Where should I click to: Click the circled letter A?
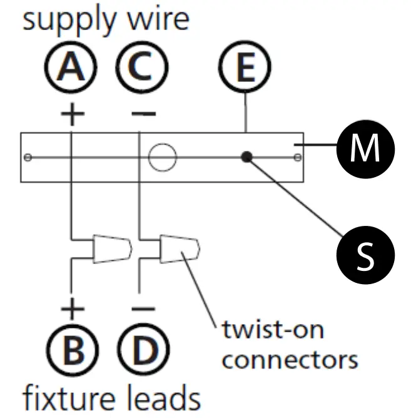[71, 67]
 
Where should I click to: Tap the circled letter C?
[142, 67]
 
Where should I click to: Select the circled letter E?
[245, 67]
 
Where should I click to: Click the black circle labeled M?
[365, 149]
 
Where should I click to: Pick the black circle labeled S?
[365, 255]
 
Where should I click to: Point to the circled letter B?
[73, 350]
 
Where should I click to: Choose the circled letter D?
[143, 350]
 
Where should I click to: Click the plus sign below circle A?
[73, 114]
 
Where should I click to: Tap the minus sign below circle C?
[144, 114]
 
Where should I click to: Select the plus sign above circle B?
[73, 309]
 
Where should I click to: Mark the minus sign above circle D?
[143, 309]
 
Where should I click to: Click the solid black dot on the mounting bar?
[246, 156]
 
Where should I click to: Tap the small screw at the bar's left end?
[28, 157]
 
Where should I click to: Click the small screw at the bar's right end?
[298, 157]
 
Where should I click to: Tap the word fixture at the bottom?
[69, 398]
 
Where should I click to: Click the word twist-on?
[273, 330]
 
